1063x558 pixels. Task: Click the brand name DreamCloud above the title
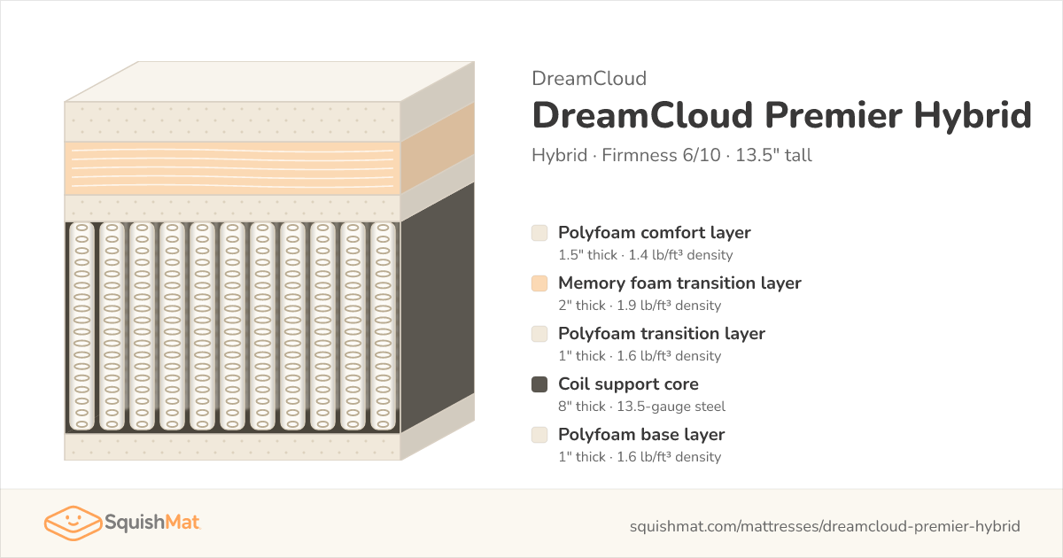coord(589,79)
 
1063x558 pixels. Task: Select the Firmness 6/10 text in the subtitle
coord(661,155)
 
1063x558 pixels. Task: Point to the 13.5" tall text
coord(773,155)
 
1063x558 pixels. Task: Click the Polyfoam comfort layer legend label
coord(655,232)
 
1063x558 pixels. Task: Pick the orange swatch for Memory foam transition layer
coord(539,283)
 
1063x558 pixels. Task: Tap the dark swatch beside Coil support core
coord(539,384)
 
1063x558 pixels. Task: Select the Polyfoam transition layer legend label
coord(662,334)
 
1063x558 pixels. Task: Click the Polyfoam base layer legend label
coord(641,435)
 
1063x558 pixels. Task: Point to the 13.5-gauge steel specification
coord(671,407)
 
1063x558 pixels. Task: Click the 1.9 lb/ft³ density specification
coord(669,306)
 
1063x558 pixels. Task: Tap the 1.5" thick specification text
coord(587,255)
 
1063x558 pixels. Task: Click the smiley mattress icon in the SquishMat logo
coord(73,523)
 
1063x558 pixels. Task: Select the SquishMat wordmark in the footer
coord(151,523)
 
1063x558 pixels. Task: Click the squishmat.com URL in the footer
coord(825,526)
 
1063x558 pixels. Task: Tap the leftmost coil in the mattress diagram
coord(82,327)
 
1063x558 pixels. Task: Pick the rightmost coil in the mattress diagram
coord(383,327)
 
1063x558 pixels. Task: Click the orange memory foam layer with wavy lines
coord(232,168)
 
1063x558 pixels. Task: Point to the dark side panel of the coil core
coord(438,307)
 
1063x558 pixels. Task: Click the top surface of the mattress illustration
coord(269,81)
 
